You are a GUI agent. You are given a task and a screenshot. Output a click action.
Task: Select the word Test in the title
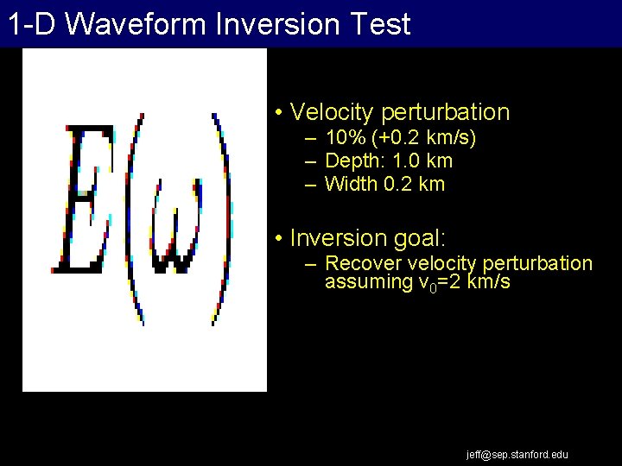(x=379, y=24)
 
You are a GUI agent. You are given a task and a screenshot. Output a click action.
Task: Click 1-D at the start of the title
(x=32, y=24)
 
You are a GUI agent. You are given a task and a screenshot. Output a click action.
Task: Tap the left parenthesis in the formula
(x=133, y=216)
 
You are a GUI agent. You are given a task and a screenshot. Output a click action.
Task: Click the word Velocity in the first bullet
(x=332, y=112)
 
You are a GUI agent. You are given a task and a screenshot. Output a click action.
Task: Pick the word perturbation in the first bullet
(x=445, y=112)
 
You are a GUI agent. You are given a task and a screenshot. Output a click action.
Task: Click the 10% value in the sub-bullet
(x=344, y=139)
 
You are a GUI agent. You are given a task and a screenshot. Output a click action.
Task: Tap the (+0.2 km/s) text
(x=423, y=139)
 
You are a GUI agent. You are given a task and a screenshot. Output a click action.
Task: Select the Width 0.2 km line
(x=384, y=184)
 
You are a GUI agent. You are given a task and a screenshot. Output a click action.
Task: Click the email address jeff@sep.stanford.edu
(x=517, y=455)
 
